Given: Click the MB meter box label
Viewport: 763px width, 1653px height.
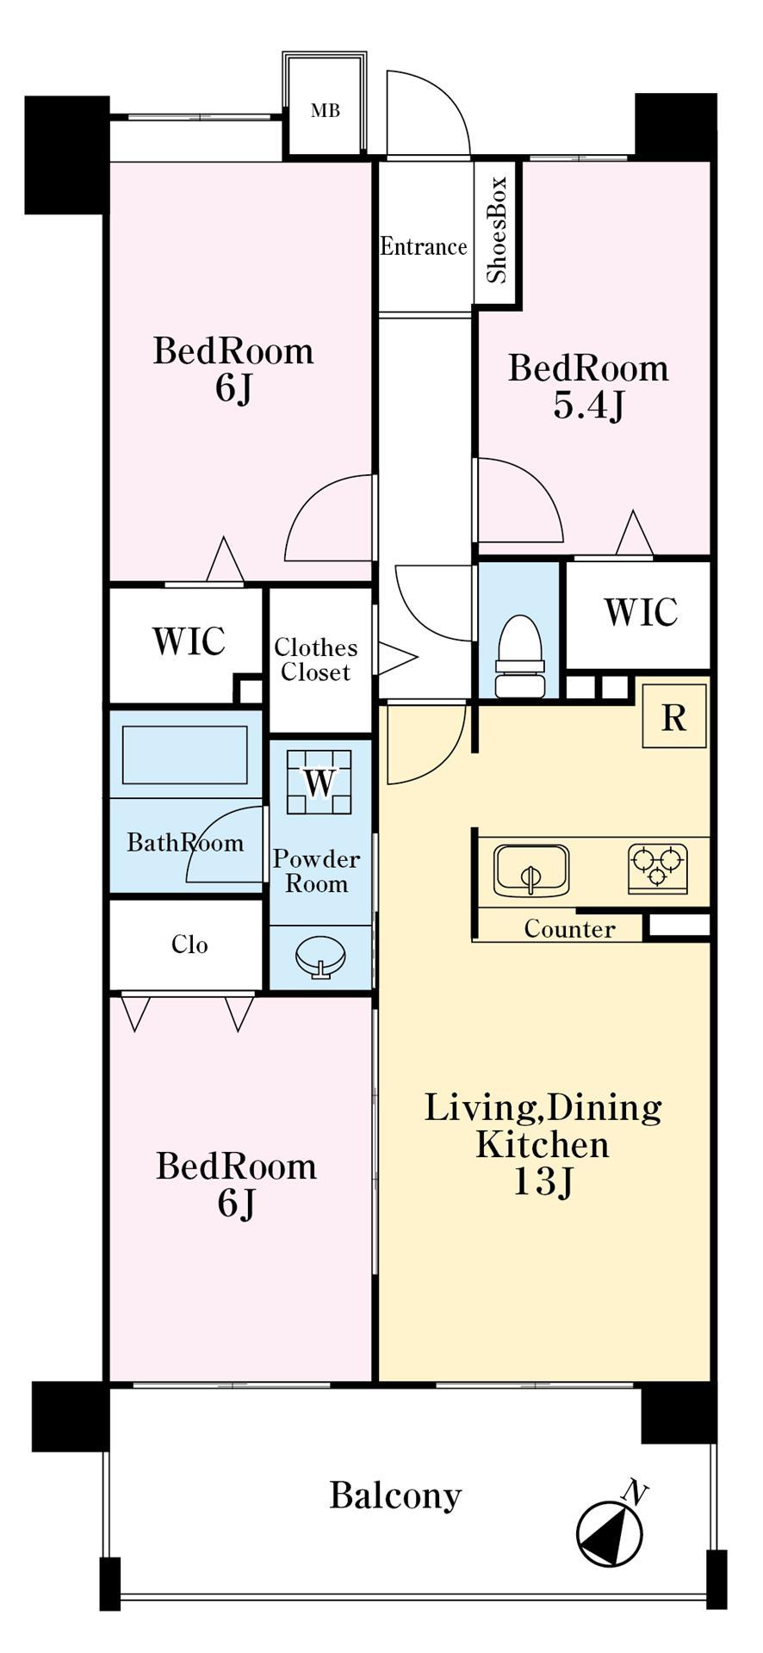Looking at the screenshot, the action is [x=326, y=110].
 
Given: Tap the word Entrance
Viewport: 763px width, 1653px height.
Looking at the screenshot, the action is [x=424, y=247].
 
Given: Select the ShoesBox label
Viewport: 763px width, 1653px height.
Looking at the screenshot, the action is [x=497, y=230].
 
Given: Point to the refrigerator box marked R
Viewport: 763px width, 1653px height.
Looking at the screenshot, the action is [x=674, y=717].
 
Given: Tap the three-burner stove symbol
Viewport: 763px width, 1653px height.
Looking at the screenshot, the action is [x=658, y=868].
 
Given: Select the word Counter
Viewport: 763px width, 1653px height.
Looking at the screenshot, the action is [x=569, y=930].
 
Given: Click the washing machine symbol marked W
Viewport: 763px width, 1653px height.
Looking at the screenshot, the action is [x=319, y=782].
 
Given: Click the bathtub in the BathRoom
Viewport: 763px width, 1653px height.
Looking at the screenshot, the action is [x=185, y=755].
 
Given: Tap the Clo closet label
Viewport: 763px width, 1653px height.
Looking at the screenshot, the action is [x=189, y=945].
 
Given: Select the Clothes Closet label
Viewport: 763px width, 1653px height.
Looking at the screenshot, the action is [x=315, y=660].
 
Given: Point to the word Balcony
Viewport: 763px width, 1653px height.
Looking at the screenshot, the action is [x=395, y=1497].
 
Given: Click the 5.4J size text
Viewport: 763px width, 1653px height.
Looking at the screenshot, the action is [x=588, y=406].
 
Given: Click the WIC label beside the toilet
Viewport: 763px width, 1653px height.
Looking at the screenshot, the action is [x=641, y=612].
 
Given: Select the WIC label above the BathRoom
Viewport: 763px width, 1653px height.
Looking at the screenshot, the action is [x=189, y=641].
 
